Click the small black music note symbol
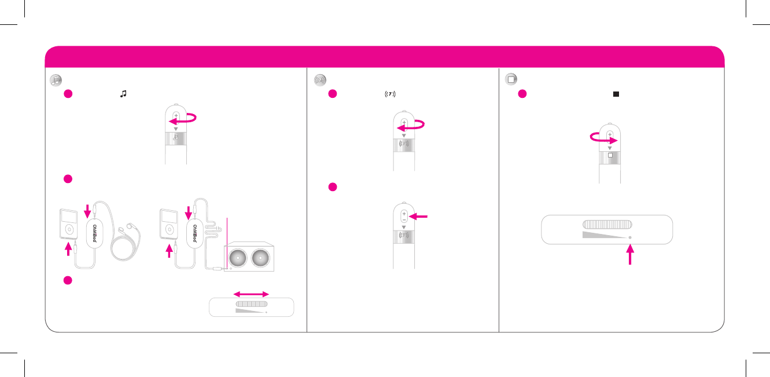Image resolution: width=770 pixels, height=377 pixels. pyautogui.click(x=122, y=94)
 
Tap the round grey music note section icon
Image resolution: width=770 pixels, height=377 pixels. pyautogui.click(x=56, y=80)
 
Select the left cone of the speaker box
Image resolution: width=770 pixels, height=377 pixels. pyautogui.click(x=237, y=257)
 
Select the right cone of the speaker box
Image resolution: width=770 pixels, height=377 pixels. pyautogui.click(x=262, y=257)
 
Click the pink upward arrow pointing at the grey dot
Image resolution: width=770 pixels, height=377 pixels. pyautogui.click(x=630, y=255)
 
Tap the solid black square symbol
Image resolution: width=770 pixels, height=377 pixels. pyautogui.click(x=617, y=94)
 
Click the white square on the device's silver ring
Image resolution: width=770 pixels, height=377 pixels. pyautogui.click(x=610, y=156)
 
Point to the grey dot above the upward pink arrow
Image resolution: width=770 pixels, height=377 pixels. pyautogui.click(x=630, y=238)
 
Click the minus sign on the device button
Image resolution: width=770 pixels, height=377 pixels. pyautogui.click(x=403, y=219)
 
